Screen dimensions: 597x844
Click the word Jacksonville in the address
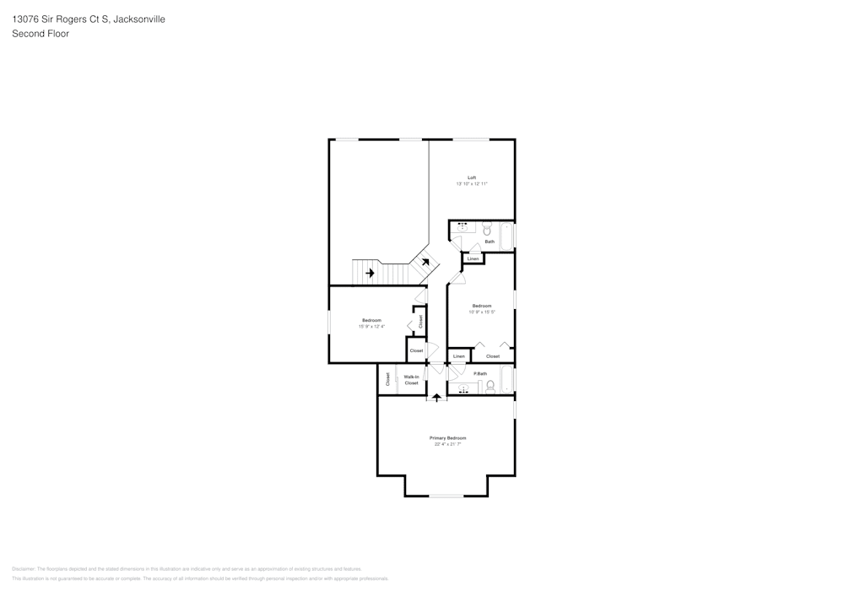(x=138, y=19)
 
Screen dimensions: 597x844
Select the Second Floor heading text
(x=41, y=34)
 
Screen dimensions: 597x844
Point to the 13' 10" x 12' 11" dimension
(x=472, y=184)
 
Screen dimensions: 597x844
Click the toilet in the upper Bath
(x=487, y=229)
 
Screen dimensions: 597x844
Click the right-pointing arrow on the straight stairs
(x=369, y=273)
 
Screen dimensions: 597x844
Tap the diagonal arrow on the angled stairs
(x=425, y=262)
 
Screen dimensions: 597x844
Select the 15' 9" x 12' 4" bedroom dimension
(x=371, y=327)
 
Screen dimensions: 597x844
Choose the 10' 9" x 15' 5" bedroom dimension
(x=482, y=312)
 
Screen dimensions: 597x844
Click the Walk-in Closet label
(x=411, y=380)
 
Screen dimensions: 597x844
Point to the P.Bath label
(x=480, y=373)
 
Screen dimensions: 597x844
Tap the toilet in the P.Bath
(x=490, y=386)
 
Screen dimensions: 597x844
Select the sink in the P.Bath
(x=463, y=388)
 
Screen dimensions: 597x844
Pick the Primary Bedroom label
(x=447, y=437)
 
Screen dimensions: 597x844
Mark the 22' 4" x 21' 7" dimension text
(x=447, y=444)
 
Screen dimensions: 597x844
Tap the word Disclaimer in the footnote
(x=24, y=569)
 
